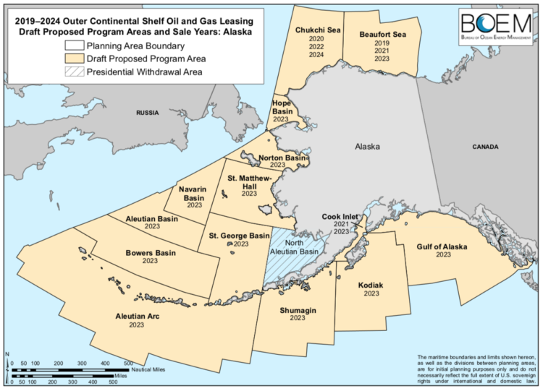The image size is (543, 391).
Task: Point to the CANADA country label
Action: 484,147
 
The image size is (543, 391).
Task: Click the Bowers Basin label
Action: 151,253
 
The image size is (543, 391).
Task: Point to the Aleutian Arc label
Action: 137,317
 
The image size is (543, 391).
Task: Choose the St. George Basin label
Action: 240,236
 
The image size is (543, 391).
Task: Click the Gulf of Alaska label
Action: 442,246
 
